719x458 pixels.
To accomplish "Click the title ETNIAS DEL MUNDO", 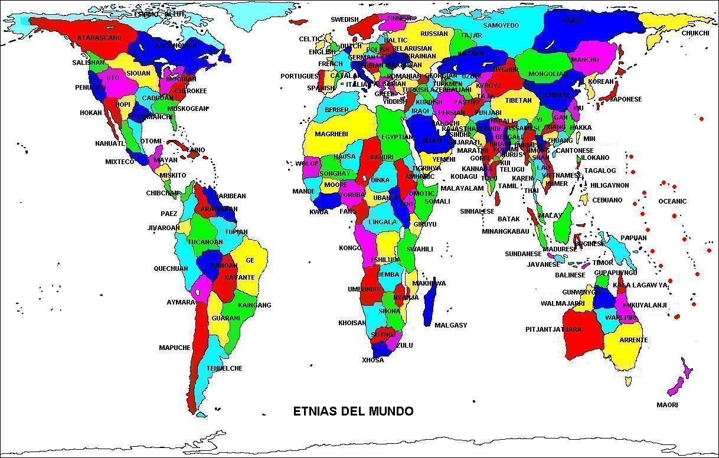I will point(353,411).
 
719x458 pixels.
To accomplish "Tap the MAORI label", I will point(667,405).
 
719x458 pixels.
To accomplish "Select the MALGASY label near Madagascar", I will point(450,325).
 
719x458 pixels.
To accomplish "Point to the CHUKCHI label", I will point(695,33).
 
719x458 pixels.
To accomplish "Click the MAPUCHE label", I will point(175,348).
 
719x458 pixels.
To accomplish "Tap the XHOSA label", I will point(373,360).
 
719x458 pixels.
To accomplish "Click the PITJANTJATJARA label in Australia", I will point(553,329).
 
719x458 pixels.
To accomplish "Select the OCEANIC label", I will point(672,201).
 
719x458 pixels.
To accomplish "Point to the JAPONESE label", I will point(626,99).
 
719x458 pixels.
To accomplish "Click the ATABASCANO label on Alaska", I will point(99,38).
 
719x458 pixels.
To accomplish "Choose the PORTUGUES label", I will point(299,76).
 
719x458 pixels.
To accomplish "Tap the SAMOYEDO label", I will point(501,25).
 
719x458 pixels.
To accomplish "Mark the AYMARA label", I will point(181,302).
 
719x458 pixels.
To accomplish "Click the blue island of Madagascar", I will point(430,301).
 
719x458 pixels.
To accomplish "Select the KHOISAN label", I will point(352,323).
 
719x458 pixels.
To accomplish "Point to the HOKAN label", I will point(91,113).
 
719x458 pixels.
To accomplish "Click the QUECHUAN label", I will point(171,269).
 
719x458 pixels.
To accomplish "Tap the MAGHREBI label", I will point(331,134).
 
